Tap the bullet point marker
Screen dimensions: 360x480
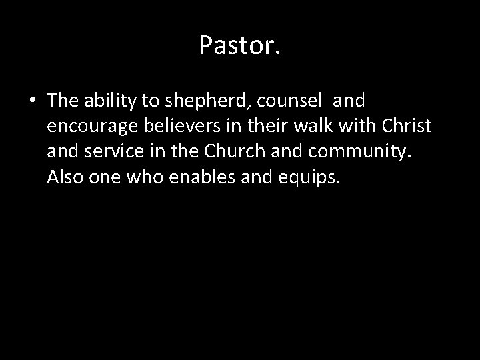[33, 102]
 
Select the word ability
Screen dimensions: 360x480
[110, 101]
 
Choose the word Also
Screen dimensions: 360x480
[65, 179]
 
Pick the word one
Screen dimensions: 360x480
[105, 179]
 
